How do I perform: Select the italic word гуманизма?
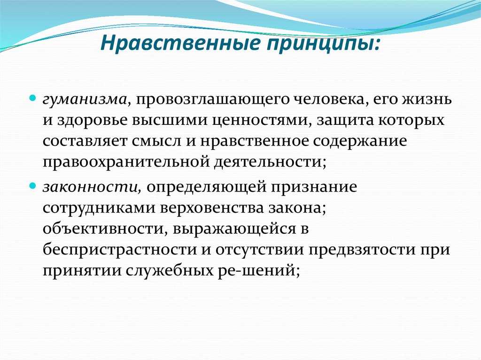click(x=85, y=100)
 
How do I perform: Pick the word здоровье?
click(x=93, y=120)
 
